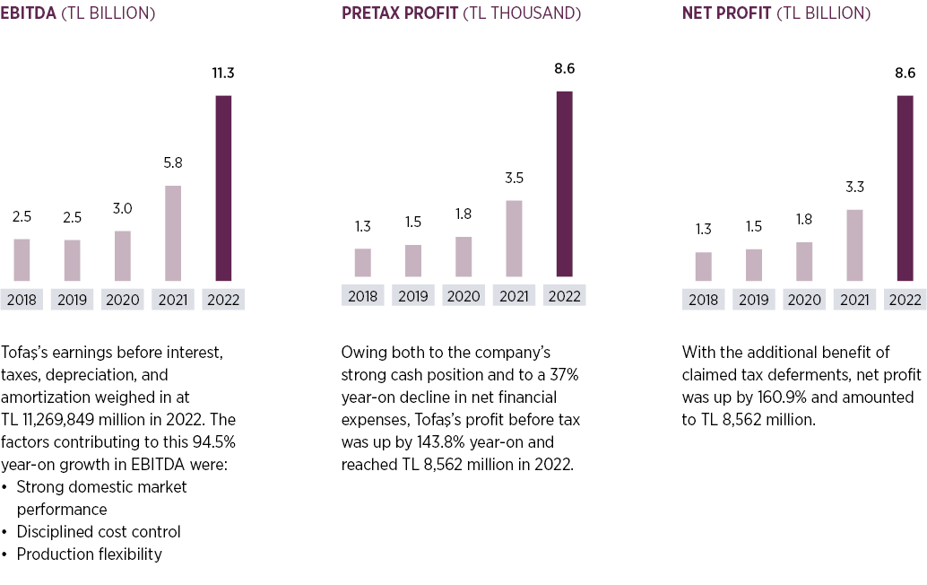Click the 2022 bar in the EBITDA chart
pyautogui.click(x=223, y=188)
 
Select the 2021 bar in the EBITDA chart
pyautogui.click(x=173, y=233)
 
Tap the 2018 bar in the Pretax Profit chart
pyautogui.click(x=362, y=262)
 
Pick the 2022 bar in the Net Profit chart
pyautogui.click(x=905, y=188)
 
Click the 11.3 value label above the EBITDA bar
pyautogui.click(x=223, y=74)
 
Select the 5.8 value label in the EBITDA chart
pyautogui.click(x=173, y=163)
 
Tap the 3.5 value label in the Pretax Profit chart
pyautogui.click(x=514, y=178)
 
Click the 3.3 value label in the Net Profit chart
pyautogui.click(x=854, y=188)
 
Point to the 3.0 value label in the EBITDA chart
pyautogui.click(x=123, y=208)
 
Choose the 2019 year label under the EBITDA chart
pyautogui.click(x=72, y=300)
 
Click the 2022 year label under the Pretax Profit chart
pyautogui.click(x=564, y=296)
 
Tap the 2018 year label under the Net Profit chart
pyautogui.click(x=703, y=300)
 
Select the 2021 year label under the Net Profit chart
pyautogui.click(x=854, y=300)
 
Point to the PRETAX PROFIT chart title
pyautogui.click(x=399, y=13)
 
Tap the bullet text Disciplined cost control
pyautogui.click(x=99, y=531)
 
